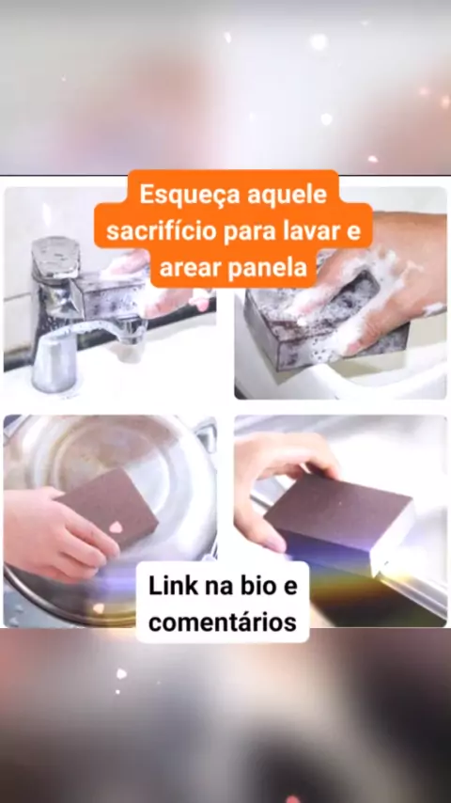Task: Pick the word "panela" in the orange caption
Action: coord(270,268)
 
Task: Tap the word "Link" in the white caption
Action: coord(173,587)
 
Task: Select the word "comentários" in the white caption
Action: coord(223,622)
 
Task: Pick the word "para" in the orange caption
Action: coord(250,233)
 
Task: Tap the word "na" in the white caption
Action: coord(216,588)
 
